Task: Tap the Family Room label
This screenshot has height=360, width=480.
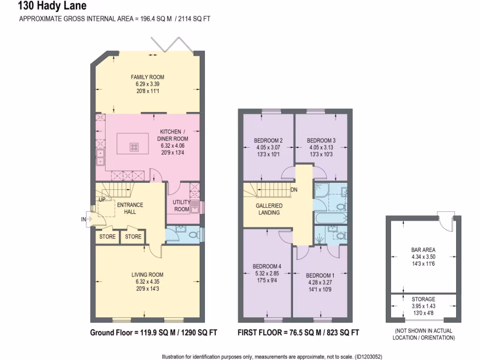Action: pyautogui.click(x=147, y=77)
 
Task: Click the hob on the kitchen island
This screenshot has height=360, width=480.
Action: pyautogui.click(x=134, y=147)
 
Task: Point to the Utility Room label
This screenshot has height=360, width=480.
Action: pyautogui.click(x=181, y=205)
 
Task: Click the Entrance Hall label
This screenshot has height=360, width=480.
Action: pyautogui.click(x=130, y=209)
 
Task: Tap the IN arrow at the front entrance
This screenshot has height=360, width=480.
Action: pyautogui.click(x=84, y=219)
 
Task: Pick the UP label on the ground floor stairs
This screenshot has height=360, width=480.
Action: pyautogui.click(x=102, y=200)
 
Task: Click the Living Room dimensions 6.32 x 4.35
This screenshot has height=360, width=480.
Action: pyautogui.click(x=147, y=282)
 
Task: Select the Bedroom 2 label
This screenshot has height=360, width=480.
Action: pyautogui.click(x=268, y=141)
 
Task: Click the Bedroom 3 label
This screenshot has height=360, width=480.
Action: pyautogui.click(x=321, y=141)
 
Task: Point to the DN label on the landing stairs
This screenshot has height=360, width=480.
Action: pyautogui.click(x=294, y=190)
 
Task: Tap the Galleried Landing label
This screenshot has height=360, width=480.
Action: pyautogui.click(x=269, y=209)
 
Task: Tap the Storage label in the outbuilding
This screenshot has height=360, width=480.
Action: pyautogui.click(x=423, y=299)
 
